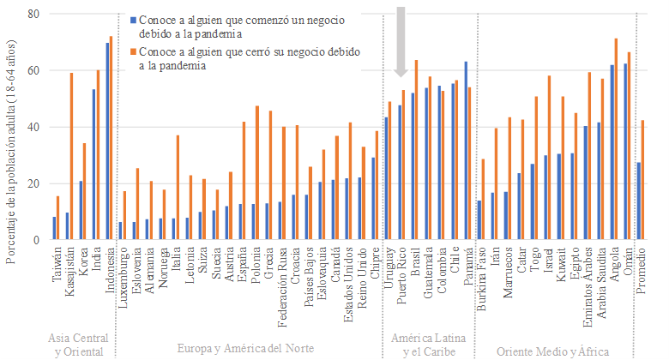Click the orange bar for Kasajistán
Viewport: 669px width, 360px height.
[71, 156]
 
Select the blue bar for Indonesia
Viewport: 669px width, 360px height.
[107, 141]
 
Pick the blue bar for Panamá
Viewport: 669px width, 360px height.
[466, 151]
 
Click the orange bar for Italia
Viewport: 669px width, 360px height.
[178, 188]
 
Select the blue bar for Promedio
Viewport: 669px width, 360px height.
[639, 201]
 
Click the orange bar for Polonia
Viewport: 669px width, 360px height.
[256, 173]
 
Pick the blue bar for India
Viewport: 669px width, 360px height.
[93, 165]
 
